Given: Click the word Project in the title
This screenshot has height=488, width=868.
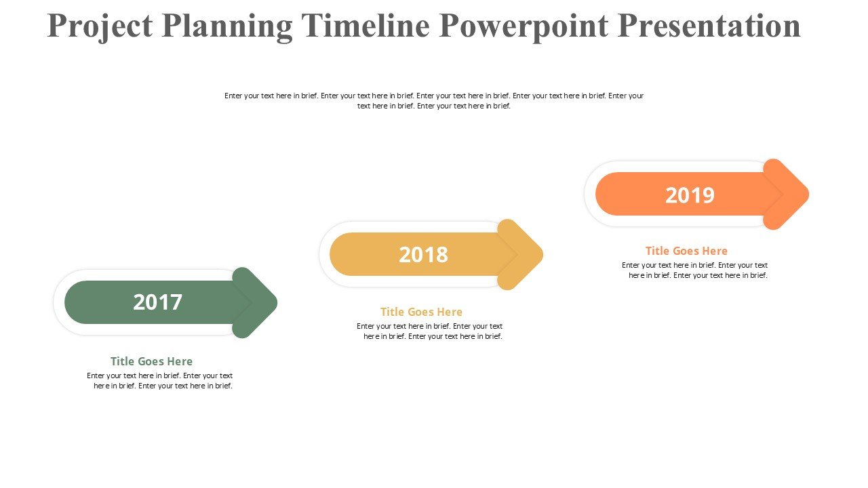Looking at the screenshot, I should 100,26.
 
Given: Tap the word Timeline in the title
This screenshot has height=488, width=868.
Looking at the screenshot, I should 366,26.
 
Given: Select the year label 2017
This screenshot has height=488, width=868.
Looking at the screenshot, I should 157,302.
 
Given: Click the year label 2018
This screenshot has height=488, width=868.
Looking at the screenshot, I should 423,255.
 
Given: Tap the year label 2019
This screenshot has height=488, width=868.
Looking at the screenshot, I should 690,195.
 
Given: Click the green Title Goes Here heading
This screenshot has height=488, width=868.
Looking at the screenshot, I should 151,361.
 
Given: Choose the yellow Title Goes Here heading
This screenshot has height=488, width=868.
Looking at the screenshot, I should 421,312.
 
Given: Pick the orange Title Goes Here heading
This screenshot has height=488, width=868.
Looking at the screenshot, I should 686,251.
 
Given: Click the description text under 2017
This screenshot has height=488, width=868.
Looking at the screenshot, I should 160,381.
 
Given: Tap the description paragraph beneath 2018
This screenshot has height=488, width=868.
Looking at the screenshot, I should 430,331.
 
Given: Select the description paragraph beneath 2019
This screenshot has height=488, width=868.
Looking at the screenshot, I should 695,270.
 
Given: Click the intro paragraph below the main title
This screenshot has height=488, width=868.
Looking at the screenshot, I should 434,101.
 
